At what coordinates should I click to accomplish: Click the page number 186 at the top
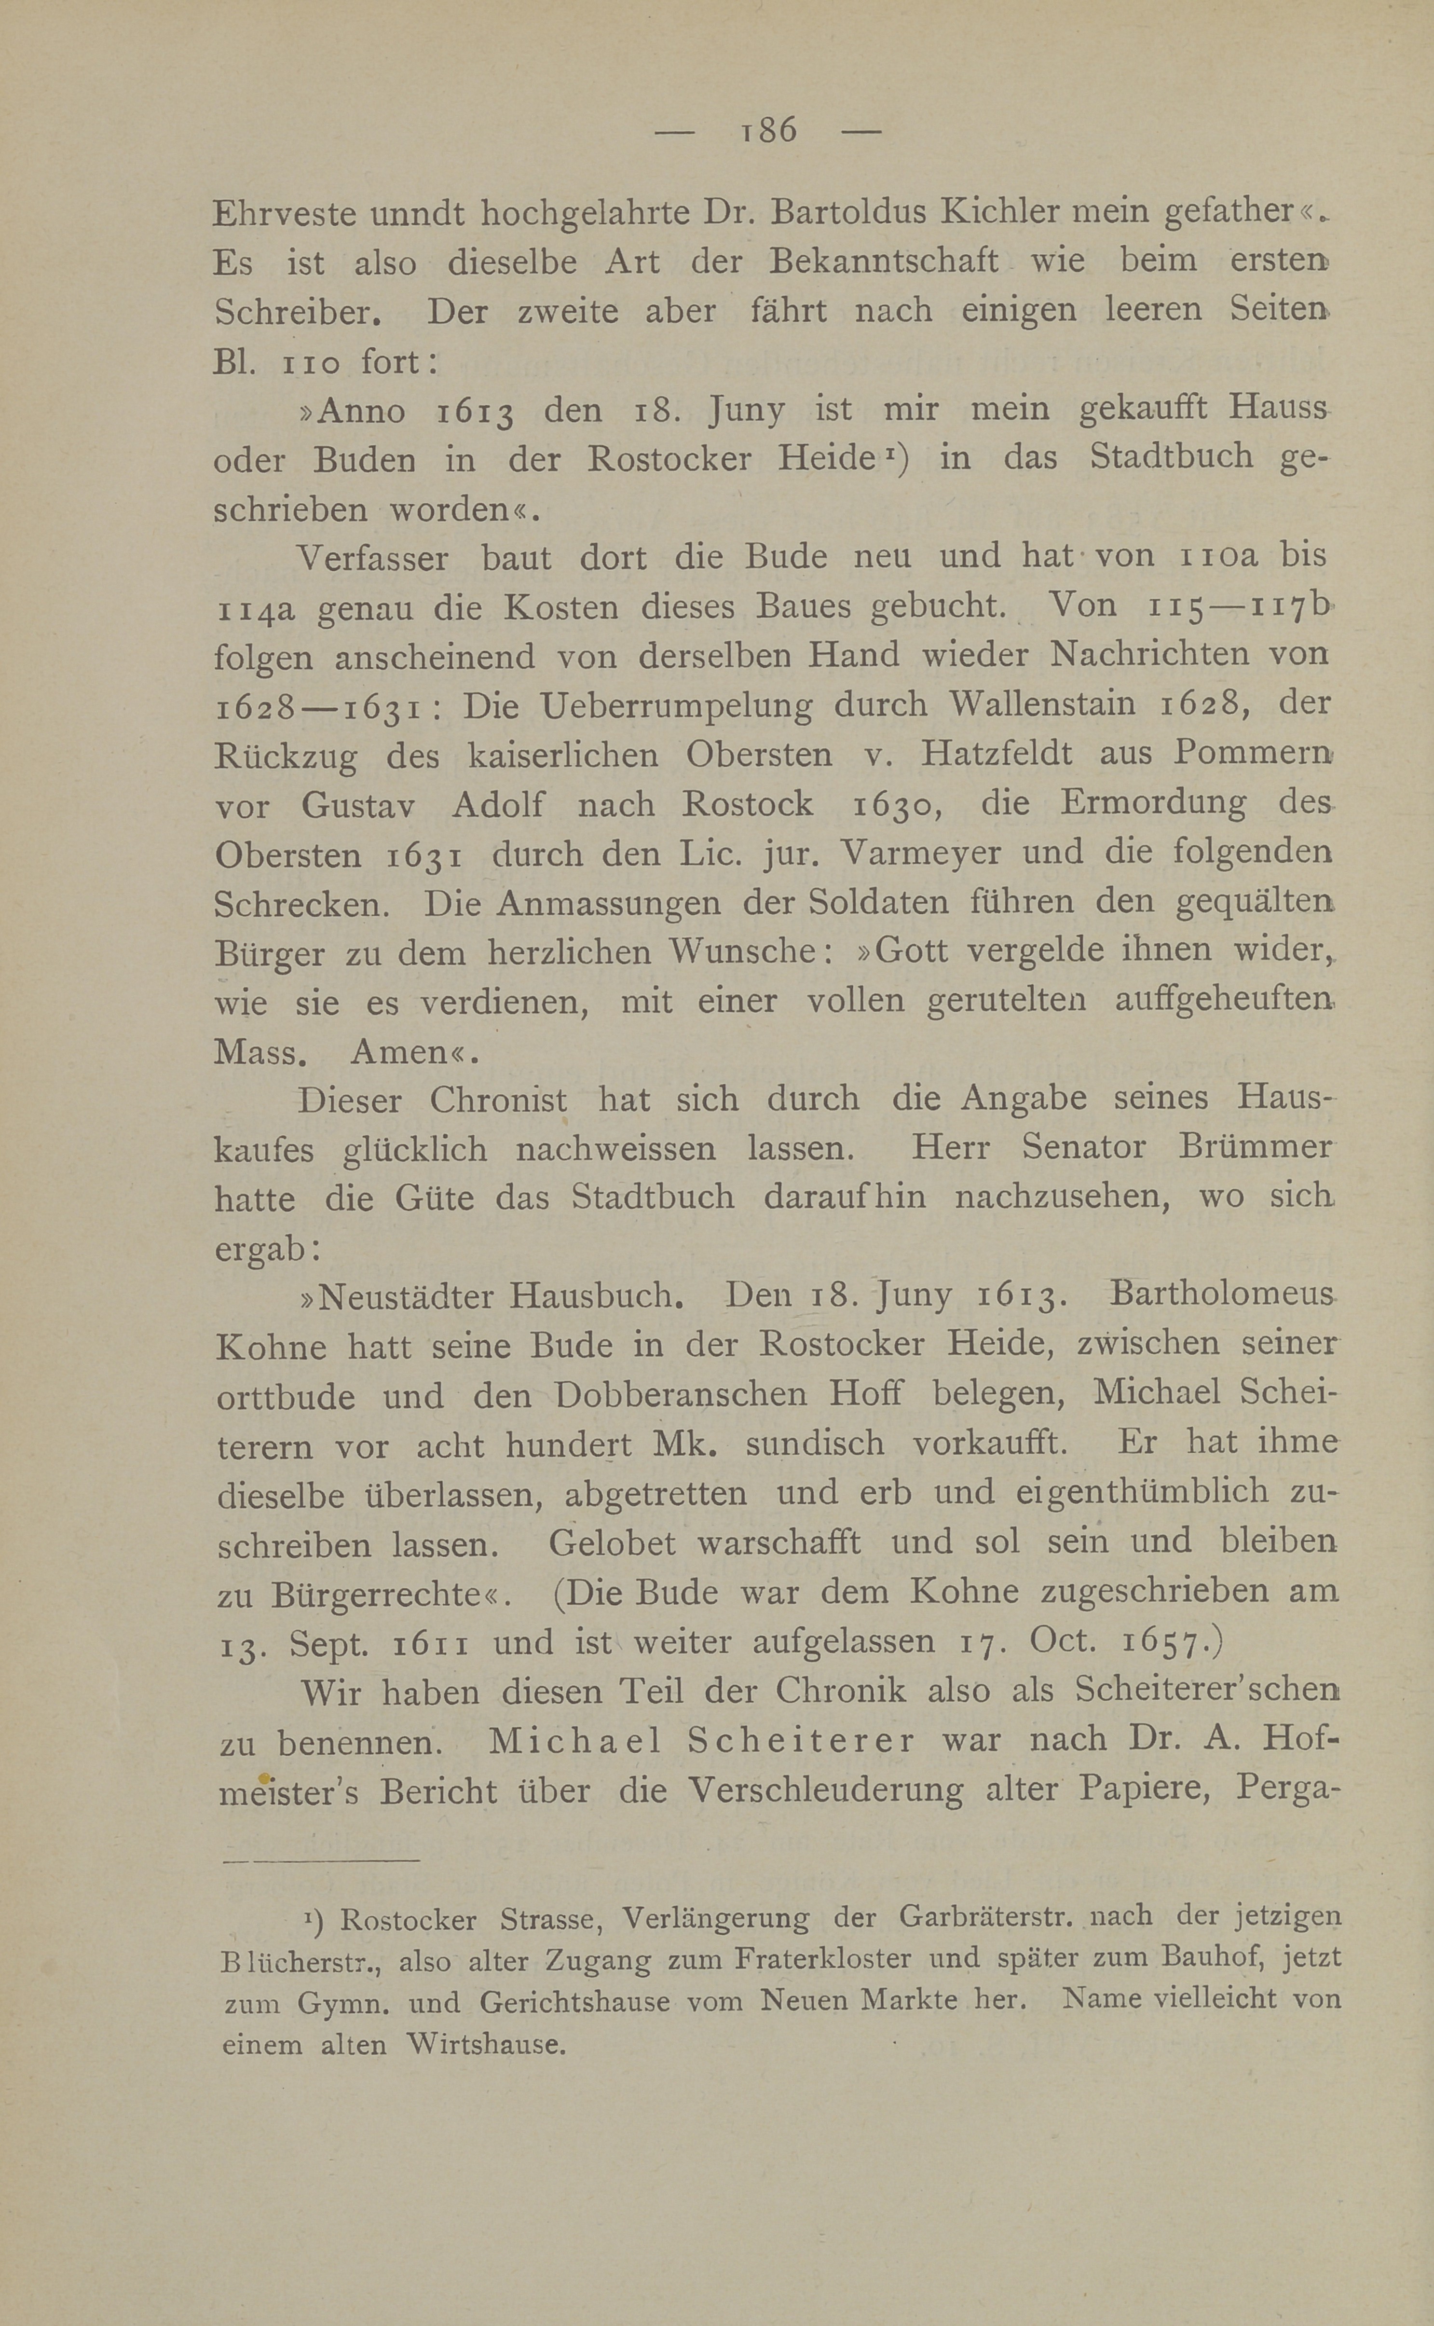click(768, 130)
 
